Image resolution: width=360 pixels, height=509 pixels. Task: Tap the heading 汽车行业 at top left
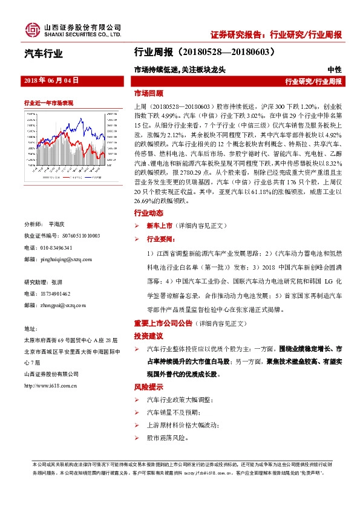tap(43, 55)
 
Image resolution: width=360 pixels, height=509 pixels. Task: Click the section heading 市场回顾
tap(148, 94)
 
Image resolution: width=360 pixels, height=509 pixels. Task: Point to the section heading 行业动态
tap(148, 213)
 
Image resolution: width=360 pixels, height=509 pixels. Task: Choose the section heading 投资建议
tap(148, 335)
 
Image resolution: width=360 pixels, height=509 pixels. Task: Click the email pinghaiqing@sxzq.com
tap(67, 259)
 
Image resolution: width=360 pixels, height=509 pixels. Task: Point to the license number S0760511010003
tap(72, 236)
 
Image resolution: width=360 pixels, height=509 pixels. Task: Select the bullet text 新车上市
tap(159, 225)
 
